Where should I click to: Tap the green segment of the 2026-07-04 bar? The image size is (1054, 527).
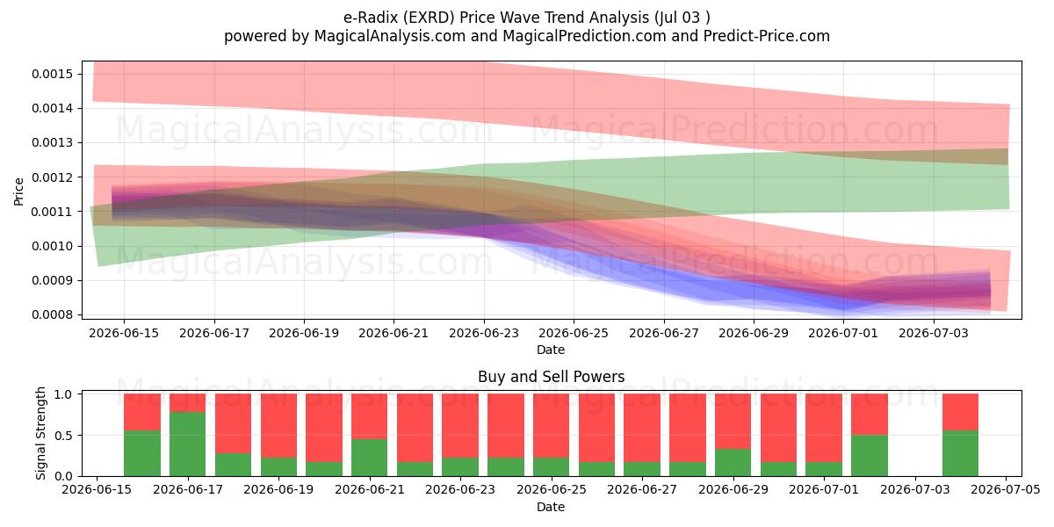pos(960,453)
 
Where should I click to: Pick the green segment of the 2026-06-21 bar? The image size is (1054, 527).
pos(370,458)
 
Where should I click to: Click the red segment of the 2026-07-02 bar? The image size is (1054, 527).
pos(870,415)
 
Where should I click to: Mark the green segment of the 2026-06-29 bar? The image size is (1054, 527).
pos(733,463)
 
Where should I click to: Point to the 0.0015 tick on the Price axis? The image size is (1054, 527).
pos(81,74)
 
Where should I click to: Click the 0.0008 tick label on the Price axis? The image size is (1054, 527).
pos(52,314)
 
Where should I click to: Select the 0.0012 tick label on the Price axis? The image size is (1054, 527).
pos(52,177)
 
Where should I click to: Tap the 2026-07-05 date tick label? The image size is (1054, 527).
pos(1006,490)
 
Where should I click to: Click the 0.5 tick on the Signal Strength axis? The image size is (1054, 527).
pos(81,436)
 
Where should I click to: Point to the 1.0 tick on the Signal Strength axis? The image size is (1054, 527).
pos(81,394)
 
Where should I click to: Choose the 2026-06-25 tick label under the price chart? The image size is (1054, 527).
pos(574,333)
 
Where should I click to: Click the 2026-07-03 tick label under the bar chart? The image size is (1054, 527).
pos(915,490)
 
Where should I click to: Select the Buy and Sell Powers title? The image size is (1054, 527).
pos(551,377)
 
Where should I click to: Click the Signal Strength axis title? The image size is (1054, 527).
pos(41,433)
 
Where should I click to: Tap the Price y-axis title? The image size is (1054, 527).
pos(18,191)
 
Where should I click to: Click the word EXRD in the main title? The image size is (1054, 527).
pos(431,18)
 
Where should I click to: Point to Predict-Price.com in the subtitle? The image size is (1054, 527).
pos(767,36)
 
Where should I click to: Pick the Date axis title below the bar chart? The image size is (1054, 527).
pos(551,508)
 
